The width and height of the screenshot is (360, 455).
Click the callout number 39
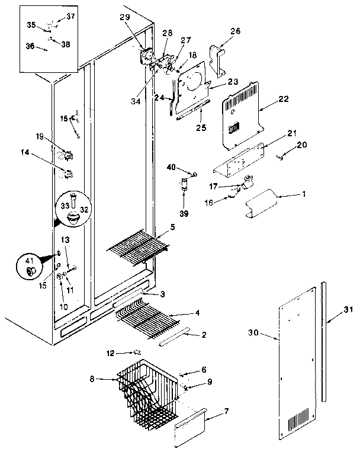(x=184, y=213)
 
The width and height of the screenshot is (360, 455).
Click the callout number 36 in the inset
(x=31, y=45)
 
